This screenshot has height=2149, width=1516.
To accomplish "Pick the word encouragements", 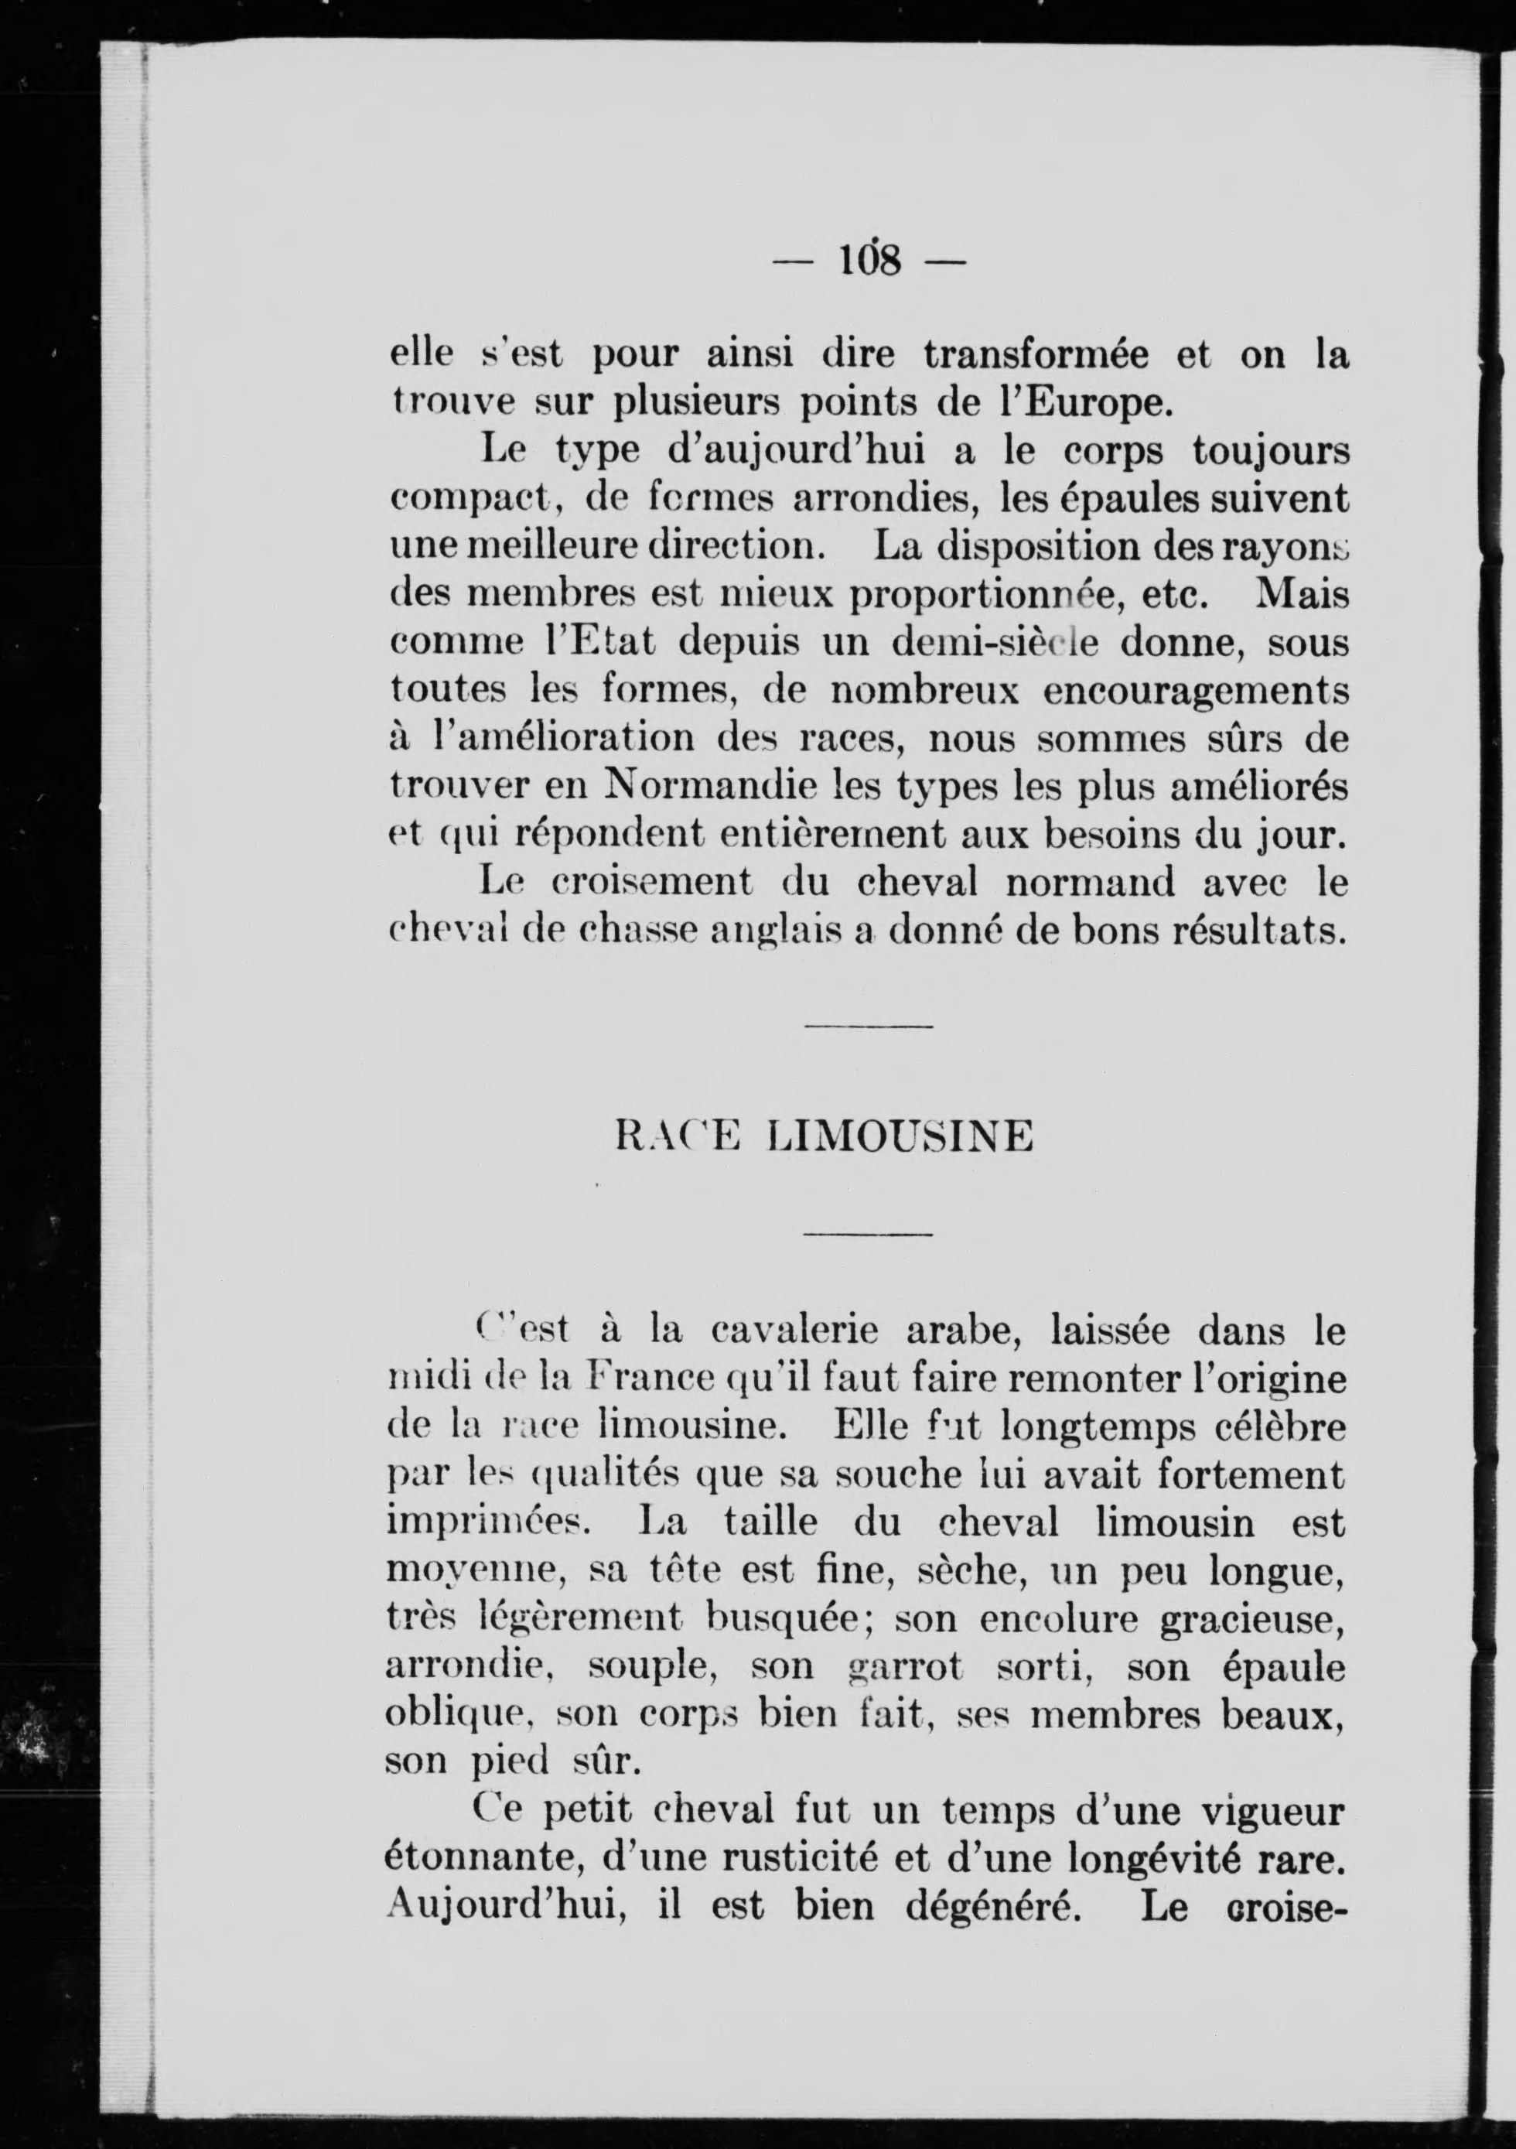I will pos(1183,691).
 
